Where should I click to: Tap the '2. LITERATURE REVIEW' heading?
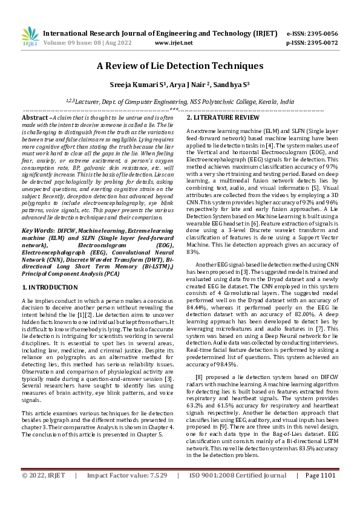click(x=223, y=117)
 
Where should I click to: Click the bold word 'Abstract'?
click(x=35, y=117)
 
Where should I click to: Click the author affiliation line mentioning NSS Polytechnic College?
click(x=180, y=103)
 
